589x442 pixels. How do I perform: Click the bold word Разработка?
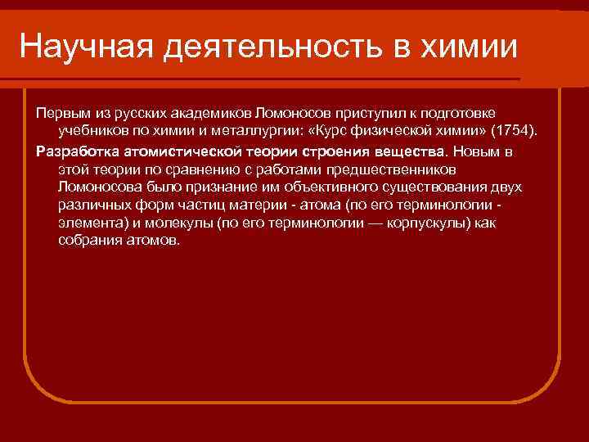click(x=77, y=151)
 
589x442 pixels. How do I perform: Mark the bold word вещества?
click(x=414, y=151)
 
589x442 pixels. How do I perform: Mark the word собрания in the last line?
click(x=87, y=241)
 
